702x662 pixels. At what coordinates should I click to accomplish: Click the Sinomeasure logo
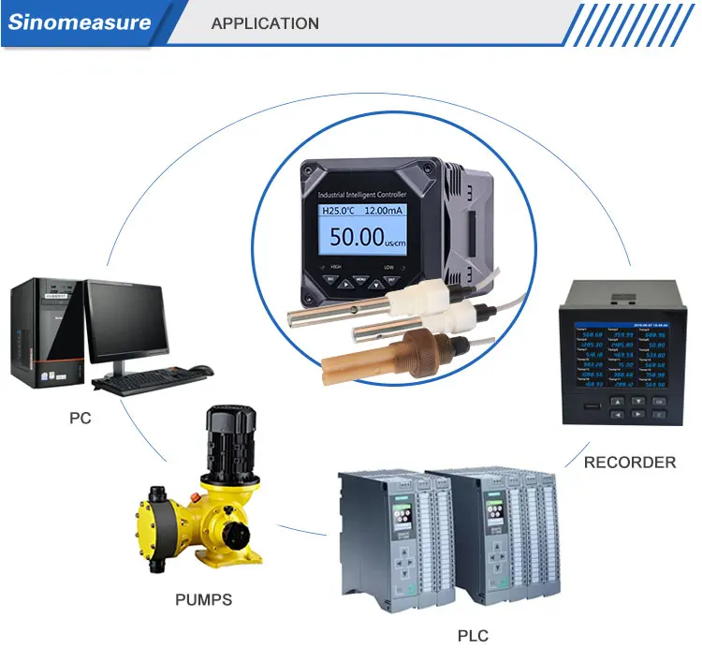coord(80,22)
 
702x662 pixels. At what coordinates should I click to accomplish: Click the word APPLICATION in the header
coord(265,23)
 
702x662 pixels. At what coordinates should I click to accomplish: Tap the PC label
coord(80,418)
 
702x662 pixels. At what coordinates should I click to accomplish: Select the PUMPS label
coord(203,599)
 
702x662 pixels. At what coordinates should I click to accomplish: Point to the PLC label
coord(473,637)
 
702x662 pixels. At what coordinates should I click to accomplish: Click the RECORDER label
coord(629,462)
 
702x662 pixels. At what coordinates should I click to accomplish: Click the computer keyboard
coord(149,381)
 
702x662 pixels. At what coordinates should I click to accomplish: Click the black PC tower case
coord(46,332)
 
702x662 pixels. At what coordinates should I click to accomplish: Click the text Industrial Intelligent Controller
coord(362,193)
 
